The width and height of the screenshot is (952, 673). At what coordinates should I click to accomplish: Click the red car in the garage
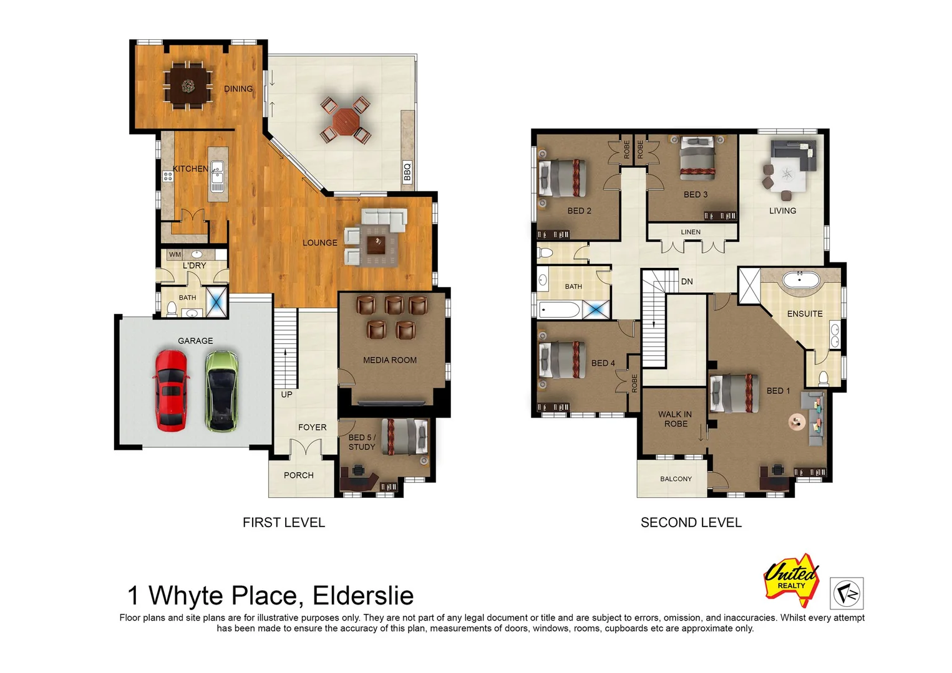pyautogui.click(x=170, y=391)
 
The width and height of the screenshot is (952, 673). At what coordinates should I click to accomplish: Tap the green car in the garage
pyautogui.click(x=221, y=391)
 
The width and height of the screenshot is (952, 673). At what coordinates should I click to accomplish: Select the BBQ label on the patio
pyautogui.click(x=407, y=171)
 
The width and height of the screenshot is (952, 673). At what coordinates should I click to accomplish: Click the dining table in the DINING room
pyautogui.click(x=187, y=86)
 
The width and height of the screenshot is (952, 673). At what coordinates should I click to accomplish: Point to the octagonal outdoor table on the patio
pyautogui.click(x=345, y=118)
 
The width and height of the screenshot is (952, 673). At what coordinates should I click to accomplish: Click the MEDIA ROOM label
pyautogui.click(x=389, y=360)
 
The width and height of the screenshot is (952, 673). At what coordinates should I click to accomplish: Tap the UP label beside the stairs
pyautogui.click(x=286, y=394)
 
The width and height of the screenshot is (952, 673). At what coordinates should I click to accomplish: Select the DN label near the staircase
pyautogui.click(x=687, y=282)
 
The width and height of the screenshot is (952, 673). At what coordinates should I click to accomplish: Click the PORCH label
pyautogui.click(x=298, y=475)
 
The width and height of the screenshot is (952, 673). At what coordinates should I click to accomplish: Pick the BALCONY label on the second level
pyautogui.click(x=676, y=479)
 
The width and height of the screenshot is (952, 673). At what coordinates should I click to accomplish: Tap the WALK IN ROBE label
pyautogui.click(x=675, y=419)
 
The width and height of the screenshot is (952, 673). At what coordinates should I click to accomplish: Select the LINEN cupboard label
pyautogui.click(x=691, y=232)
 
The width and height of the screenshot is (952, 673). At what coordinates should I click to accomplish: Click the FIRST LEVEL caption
pyautogui.click(x=284, y=523)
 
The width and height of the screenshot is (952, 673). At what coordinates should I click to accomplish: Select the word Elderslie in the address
pyautogui.click(x=362, y=596)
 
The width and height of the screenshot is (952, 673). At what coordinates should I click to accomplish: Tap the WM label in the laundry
pyautogui.click(x=175, y=254)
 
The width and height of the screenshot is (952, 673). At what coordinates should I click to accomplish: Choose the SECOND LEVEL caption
pyautogui.click(x=691, y=523)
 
